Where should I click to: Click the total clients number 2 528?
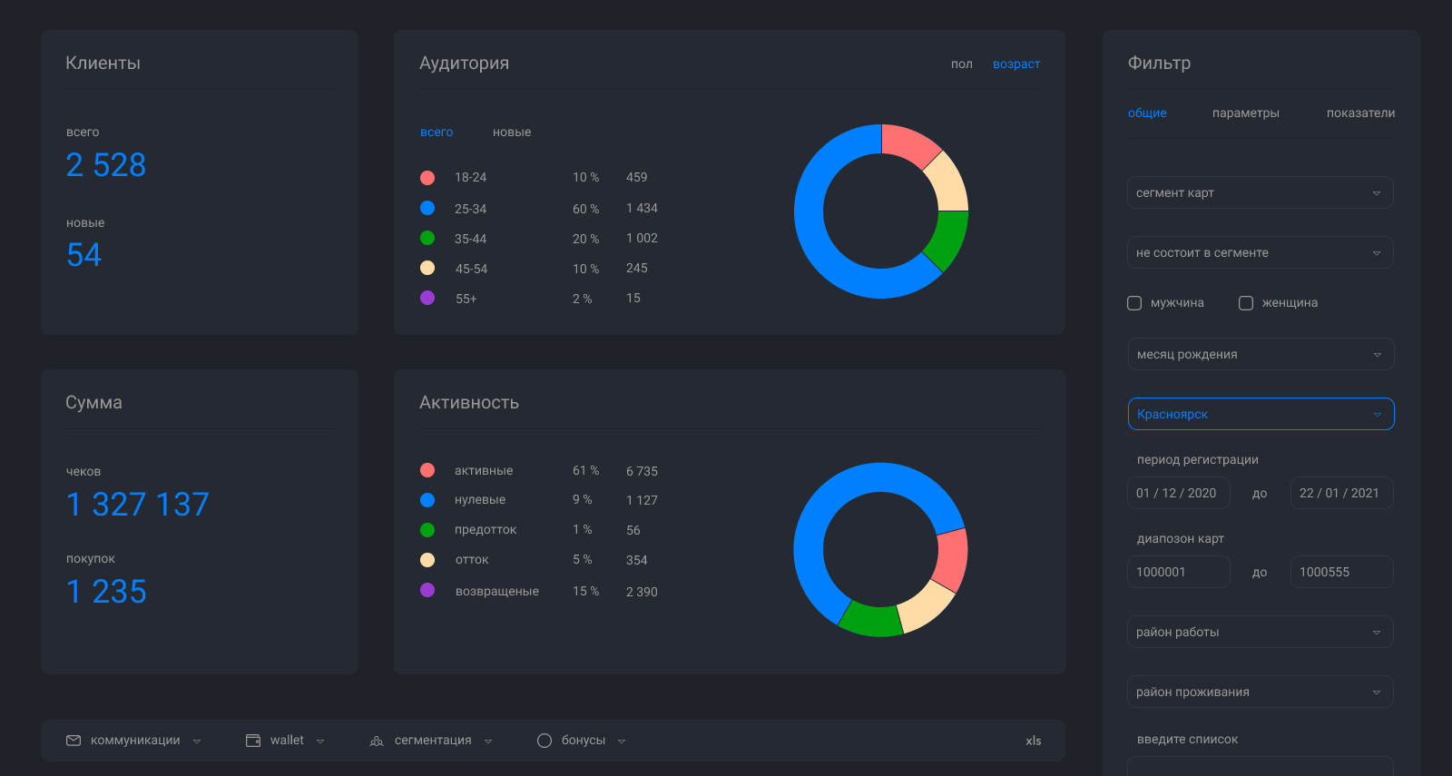[x=106, y=165]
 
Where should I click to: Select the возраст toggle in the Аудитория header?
[x=1015, y=64]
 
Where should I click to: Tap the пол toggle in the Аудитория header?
[x=961, y=64]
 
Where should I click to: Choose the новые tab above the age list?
[x=512, y=133]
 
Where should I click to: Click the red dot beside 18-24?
[x=427, y=178]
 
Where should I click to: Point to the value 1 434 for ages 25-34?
[x=642, y=208]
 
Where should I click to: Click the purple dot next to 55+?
[x=427, y=298]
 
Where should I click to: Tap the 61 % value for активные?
[x=585, y=470]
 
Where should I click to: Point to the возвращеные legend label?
[x=496, y=591]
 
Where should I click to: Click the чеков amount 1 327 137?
[x=138, y=505]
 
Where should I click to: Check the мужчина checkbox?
[x=1134, y=303]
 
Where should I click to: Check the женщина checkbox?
[x=1246, y=303]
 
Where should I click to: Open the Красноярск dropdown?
[x=1261, y=414]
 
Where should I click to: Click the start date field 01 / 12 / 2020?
[x=1178, y=493]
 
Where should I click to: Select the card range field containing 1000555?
[x=1341, y=572]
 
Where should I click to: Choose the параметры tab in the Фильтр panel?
[x=1245, y=113]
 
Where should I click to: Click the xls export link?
[x=1033, y=741]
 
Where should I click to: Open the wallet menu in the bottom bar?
[x=286, y=741]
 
